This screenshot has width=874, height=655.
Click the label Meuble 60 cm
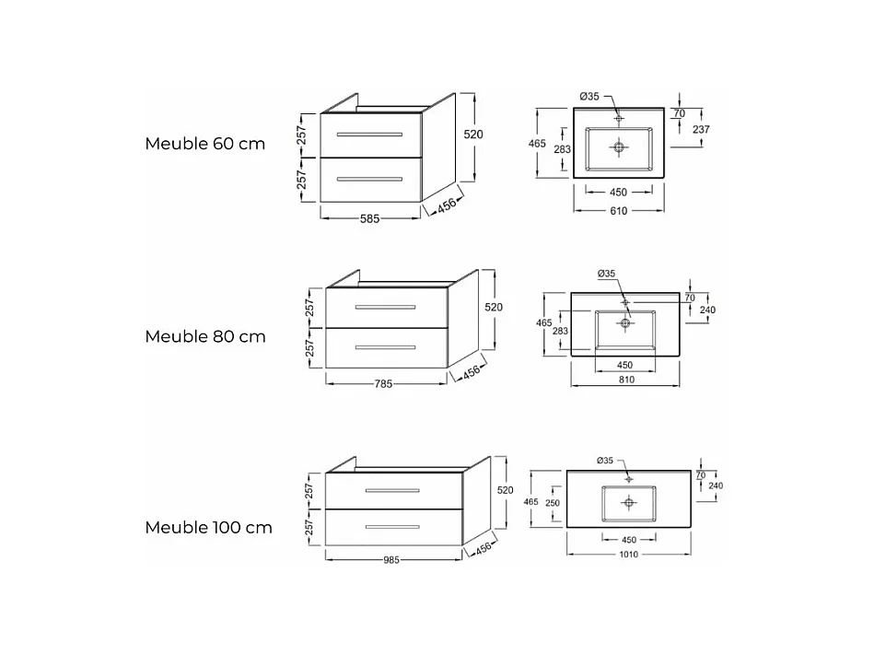[x=204, y=144]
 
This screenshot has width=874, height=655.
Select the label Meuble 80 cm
[x=204, y=336]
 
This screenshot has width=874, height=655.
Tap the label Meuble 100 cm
[x=208, y=528]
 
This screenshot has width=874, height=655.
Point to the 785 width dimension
[x=385, y=383]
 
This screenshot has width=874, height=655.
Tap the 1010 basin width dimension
[x=628, y=555]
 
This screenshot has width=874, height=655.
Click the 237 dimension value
[x=701, y=130]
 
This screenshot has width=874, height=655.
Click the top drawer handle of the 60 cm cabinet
[x=369, y=135]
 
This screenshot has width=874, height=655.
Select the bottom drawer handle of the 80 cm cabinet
[x=385, y=347]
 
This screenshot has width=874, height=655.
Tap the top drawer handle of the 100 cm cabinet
[x=392, y=490]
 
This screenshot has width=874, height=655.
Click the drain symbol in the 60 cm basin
[x=619, y=146]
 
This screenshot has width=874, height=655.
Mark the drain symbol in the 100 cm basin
[x=629, y=502]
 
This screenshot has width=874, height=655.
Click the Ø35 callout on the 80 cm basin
[x=606, y=274]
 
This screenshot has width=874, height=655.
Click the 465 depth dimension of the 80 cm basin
[x=544, y=323]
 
